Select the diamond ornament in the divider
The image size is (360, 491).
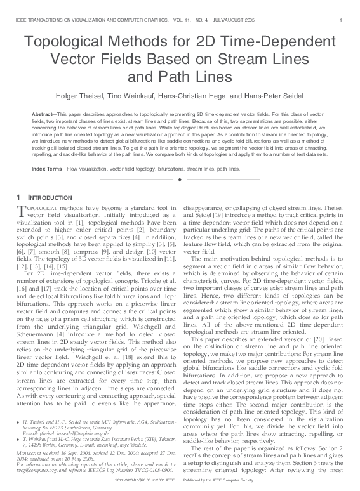pos(180,181)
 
